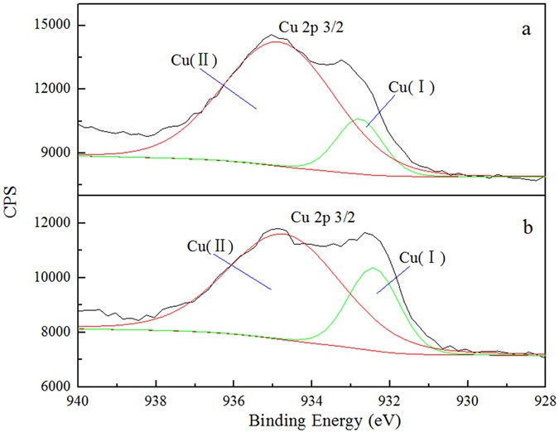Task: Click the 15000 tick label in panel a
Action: [x=51, y=25]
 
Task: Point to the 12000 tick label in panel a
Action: [x=51, y=89]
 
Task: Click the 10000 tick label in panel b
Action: [x=51, y=277]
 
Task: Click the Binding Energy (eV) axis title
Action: [x=311, y=420]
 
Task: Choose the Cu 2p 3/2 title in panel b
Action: [x=323, y=218]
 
